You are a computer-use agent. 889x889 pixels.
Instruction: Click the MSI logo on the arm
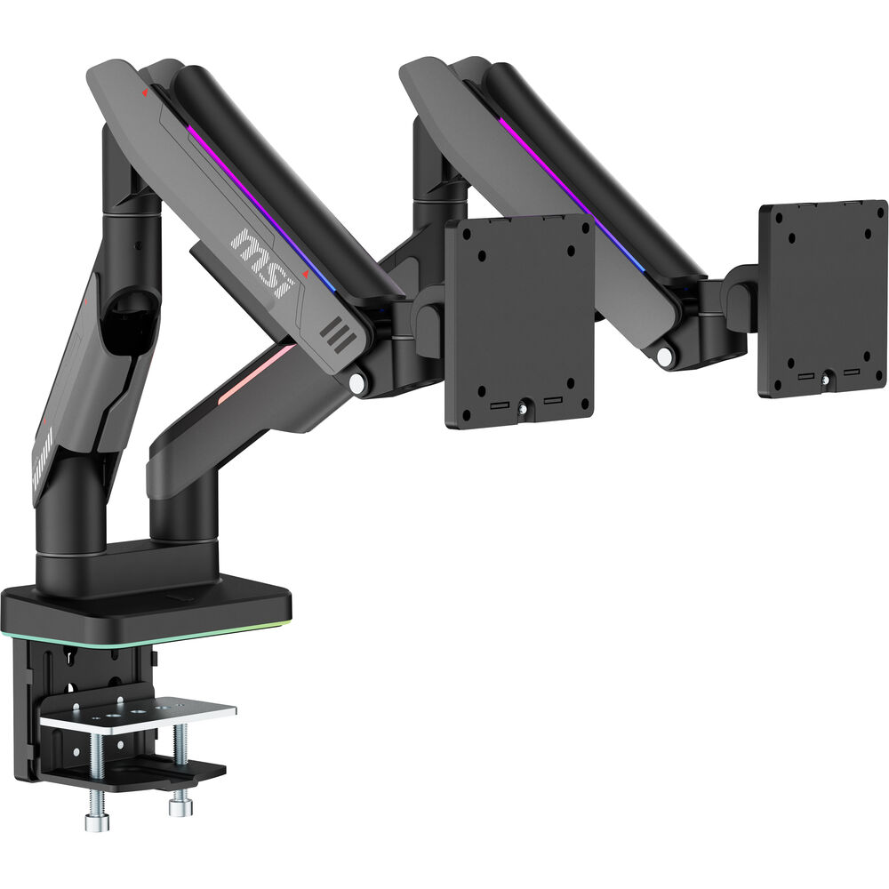coord(262,262)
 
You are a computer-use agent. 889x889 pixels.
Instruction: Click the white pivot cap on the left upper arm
coord(356,383)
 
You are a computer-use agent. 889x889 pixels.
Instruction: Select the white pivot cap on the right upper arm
coord(665,356)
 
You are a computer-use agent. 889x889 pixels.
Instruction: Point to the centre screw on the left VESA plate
coord(521,407)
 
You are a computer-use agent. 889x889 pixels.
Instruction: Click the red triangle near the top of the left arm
coord(145,91)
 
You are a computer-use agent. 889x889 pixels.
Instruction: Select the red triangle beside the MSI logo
coord(306,275)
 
